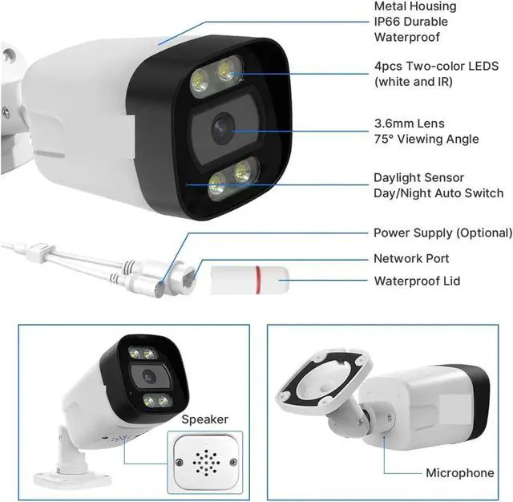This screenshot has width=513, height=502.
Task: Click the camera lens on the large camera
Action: click(222, 126)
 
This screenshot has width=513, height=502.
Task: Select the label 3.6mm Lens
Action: click(409, 124)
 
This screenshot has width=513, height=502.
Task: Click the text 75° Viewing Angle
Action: click(426, 140)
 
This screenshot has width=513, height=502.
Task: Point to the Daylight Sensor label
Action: click(418, 178)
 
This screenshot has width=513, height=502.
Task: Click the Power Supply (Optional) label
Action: click(442, 233)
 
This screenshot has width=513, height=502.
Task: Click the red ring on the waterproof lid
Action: click(258, 279)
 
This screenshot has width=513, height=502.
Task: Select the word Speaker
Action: click(204, 419)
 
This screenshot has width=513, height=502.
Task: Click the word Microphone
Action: click(459, 473)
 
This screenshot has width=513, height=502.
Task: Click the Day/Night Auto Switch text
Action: click(438, 193)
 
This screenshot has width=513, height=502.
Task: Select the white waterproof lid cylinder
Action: click(249, 279)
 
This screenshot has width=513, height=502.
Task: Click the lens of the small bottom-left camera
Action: click(147, 374)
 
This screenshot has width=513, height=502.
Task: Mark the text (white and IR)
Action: click(414, 82)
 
